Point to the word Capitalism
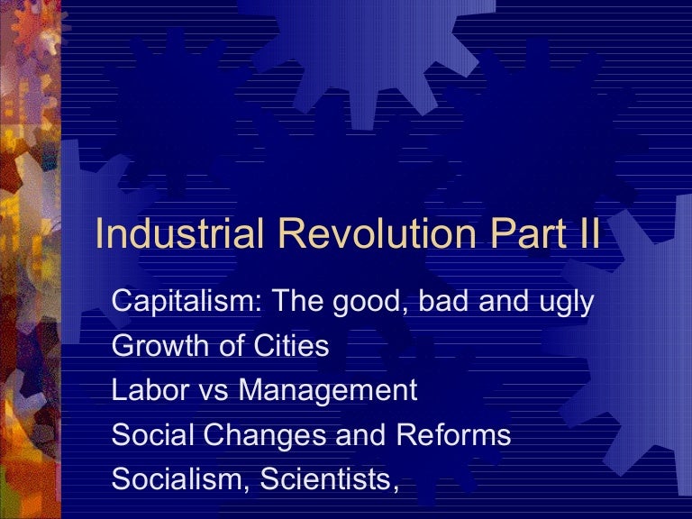[x=180, y=302]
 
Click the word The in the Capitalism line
[x=293, y=302]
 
